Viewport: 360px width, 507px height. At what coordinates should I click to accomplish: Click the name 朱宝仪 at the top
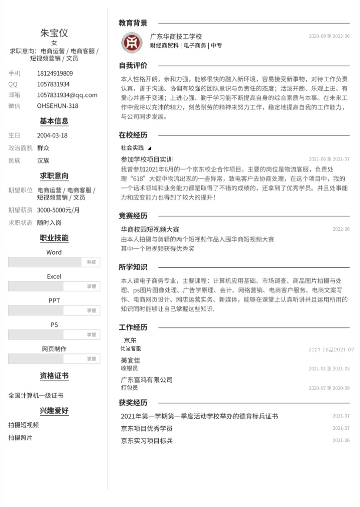pyautogui.click(x=54, y=33)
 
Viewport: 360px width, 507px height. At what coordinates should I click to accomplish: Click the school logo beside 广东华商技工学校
pyautogui.click(x=131, y=42)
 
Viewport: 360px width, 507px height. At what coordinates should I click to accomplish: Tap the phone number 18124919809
pyautogui.click(x=55, y=73)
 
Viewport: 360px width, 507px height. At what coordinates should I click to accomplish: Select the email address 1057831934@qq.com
pyautogui.click(x=67, y=95)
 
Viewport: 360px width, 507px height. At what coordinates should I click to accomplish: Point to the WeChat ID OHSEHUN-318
pyautogui.click(x=57, y=106)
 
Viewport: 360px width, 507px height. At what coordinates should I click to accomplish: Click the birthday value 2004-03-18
pyautogui.click(x=52, y=135)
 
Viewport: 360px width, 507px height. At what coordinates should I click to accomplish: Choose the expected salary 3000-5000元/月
pyautogui.click(x=58, y=210)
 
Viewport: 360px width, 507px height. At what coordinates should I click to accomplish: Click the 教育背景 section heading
pyautogui.click(x=133, y=23)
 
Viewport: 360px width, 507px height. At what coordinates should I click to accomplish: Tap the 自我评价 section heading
pyautogui.click(x=133, y=66)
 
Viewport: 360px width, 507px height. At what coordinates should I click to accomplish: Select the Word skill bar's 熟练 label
pyautogui.click(x=91, y=262)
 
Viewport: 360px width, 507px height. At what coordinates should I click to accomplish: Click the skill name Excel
pyautogui.click(x=54, y=276)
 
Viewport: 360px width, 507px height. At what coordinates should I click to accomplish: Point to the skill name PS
pyautogui.click(x=54, y=325)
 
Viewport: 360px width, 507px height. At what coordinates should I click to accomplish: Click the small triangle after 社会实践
pyautogui.click(x=150, y=148)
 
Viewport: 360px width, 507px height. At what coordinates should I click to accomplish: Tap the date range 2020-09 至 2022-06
pyautogui.click(x=329, y=36)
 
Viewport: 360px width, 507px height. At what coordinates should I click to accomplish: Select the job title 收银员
pyautogui.click(x=129, y=368)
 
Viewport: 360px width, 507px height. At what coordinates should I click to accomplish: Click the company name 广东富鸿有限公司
pyautogui.click(x=147, y=380)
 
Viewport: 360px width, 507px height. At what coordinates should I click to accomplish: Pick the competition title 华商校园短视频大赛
pyautogui.click(x=150, y=229)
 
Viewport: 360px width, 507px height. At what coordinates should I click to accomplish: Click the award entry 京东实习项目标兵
pyautogui.click(x=147, y=441)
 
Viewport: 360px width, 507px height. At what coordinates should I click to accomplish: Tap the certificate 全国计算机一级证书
pyautogui.click(x=36, y=395)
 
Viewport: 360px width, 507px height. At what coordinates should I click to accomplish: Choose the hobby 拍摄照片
pyautogui.click(x=20, y=437)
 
